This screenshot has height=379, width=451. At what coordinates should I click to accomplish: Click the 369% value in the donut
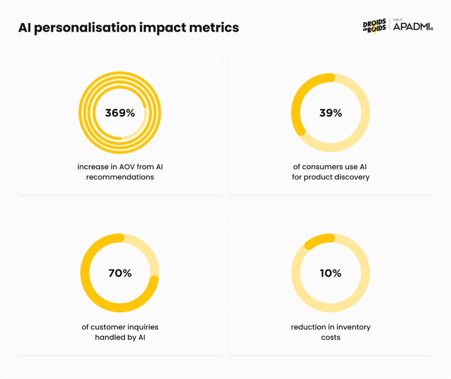coord(120,113)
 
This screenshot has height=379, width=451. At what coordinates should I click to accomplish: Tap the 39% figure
coord(331,113)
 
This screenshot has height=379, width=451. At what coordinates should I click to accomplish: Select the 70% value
coord(120,273)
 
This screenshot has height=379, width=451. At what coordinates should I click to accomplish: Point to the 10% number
coord(331,273)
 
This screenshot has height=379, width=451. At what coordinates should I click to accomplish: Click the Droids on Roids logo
coord(374,26)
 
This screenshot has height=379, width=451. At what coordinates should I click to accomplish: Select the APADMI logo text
coord(412,28)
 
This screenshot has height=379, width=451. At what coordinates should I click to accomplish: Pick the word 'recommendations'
coord(120,177)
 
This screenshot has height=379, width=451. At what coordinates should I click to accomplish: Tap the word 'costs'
coord(331,337)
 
